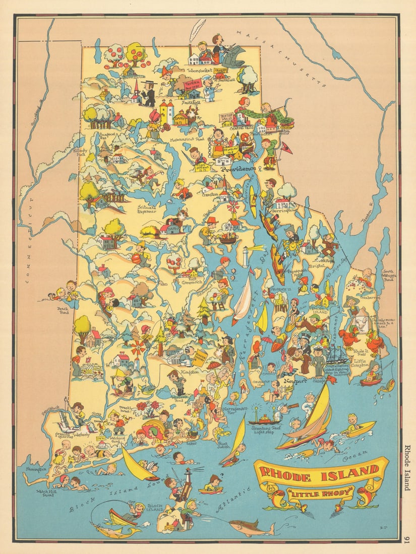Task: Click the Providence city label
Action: click(237, 169)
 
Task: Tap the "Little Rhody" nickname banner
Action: click(320, 493)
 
